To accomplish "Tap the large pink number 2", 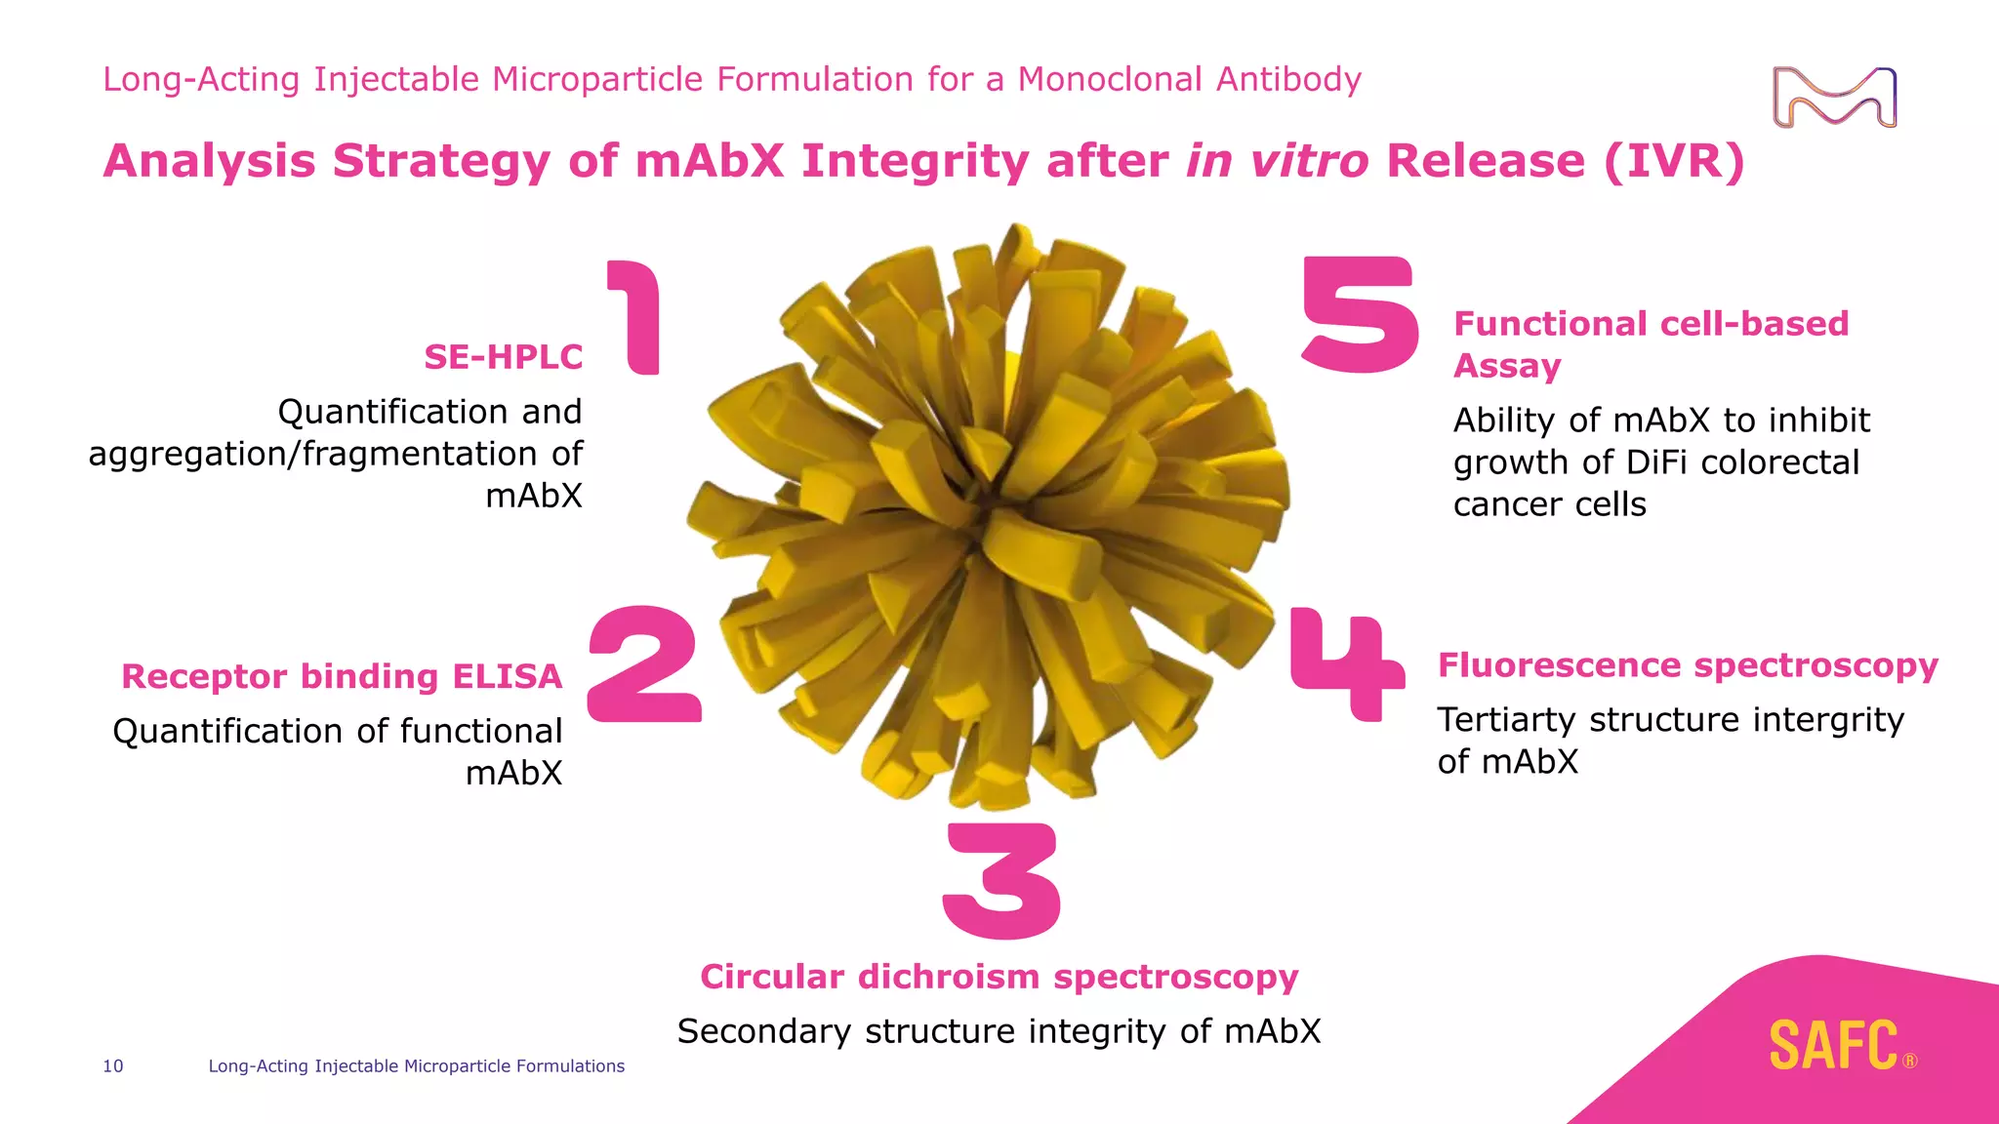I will [644, 665].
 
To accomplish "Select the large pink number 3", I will [1001, 880].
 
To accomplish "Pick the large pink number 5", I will [1360, 314].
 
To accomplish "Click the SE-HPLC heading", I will [503, 357].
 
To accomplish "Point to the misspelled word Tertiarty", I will [1507, 720].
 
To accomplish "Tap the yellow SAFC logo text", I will [1834, 1046].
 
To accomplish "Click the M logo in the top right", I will [1834, 98].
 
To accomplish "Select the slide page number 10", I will [113, 1066].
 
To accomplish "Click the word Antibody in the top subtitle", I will [1288, 79].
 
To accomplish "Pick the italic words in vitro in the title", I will [1277, 161].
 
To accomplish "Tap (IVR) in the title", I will [1674, 161].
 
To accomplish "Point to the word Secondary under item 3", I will [764, 1031].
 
